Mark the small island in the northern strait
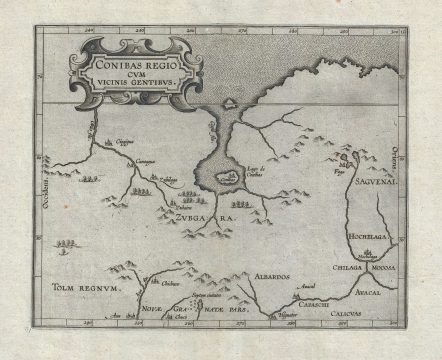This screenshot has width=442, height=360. tap(230, 102)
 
